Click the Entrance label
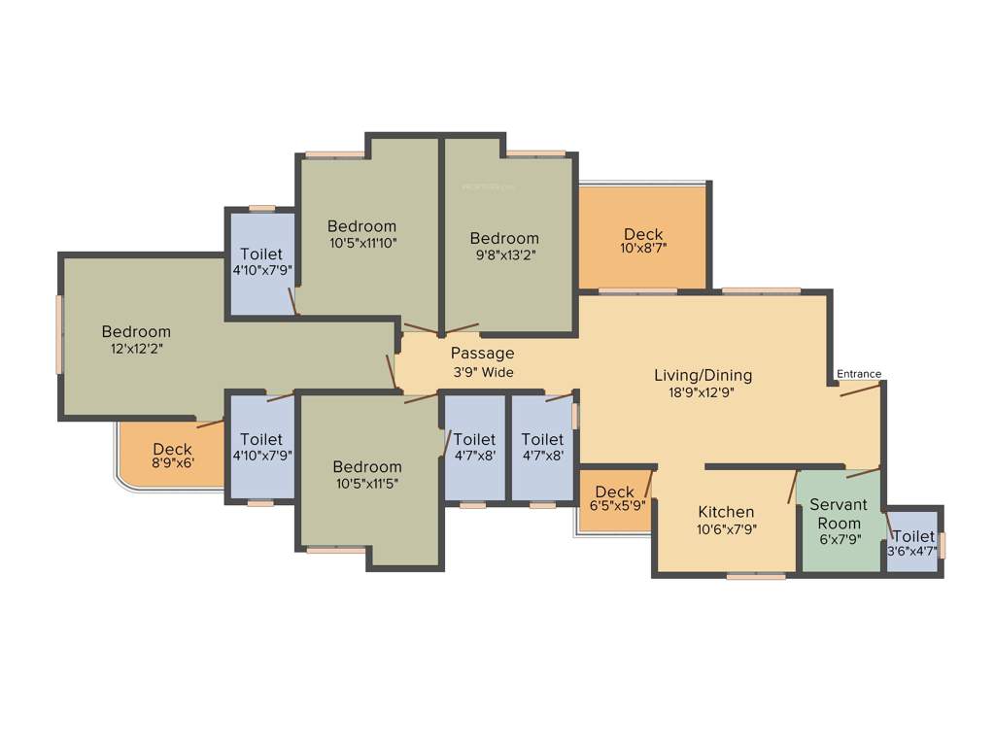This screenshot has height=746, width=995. pyautogui.click(x=859, y=374)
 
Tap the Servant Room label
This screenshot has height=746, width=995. pyautogui.click(x=836, y=514)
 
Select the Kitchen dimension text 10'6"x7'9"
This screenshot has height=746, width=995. pyautogui.click(x=726, y=529)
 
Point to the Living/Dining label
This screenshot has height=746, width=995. pyautogui.click(x=703, y=375)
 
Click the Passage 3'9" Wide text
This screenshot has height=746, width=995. pyautogui.click(x=482, y=362)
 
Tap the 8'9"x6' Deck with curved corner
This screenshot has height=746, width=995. pyautogui.click(x=172, y=456)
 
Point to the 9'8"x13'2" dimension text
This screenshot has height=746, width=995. pyautogui.click(x=504, y=255)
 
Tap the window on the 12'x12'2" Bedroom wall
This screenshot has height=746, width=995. pyautogui.click(x=59, y=333)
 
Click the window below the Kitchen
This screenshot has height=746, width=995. pyautogui.click(x=756, y=576)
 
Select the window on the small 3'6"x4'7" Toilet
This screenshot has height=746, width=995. pyautogui.click(x=942, y=544)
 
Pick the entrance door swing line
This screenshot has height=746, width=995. pyautogui.click(x=861, y=389)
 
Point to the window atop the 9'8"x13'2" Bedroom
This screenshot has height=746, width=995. pyautogui.click(x=535, y=153)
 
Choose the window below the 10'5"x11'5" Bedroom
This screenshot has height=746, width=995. pyautogui.click(x=336, y=550)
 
